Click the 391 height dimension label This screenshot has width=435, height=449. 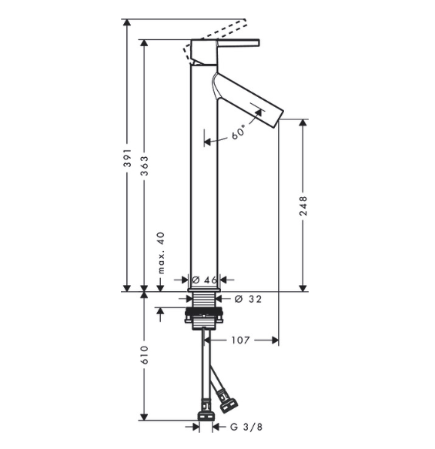tap(127, 158)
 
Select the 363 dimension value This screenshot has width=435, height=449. tap(145, 166)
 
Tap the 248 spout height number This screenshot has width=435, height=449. tap(303, 206)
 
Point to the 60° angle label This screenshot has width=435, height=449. tap(239, 132)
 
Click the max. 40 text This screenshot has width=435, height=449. tap(162, 253)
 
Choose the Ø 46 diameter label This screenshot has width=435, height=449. tap(205, 280)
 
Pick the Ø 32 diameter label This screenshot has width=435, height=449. tap(248, 299)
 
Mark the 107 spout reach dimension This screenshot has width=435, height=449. tap(240, 340)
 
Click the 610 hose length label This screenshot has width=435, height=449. tap(145, 355)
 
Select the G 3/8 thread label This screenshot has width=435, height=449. tap(246, 427)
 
